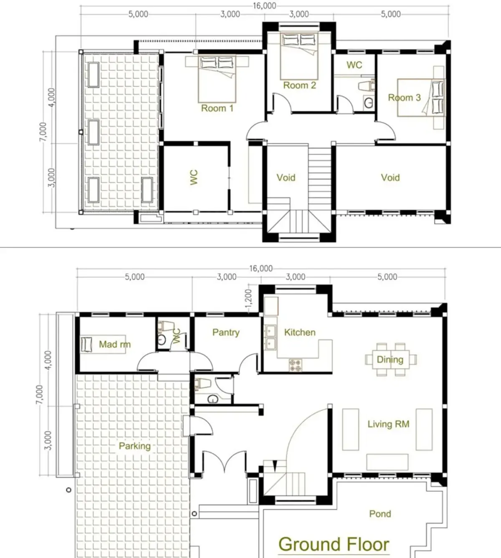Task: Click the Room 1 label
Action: (217, 108)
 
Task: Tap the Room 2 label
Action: (299, 85)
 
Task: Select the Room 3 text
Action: (404, 98)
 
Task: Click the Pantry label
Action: (226, 333)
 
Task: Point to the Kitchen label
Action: (300, 332)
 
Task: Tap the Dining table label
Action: (390, 360)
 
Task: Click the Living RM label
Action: (388, 424)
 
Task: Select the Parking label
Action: (134, 446)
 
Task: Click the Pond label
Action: (380, 514)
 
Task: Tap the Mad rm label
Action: (115, 344)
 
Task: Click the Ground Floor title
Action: (334, 544)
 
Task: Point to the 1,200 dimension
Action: (248, 298)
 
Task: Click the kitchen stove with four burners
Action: (295, 365)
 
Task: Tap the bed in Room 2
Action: (299, 56)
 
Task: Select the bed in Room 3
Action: (420, 98)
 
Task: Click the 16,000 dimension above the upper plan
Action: (264, 5)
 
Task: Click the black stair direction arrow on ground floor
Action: (274, 466)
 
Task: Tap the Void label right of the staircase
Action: (390, 178)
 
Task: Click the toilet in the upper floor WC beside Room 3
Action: (367, 85)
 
